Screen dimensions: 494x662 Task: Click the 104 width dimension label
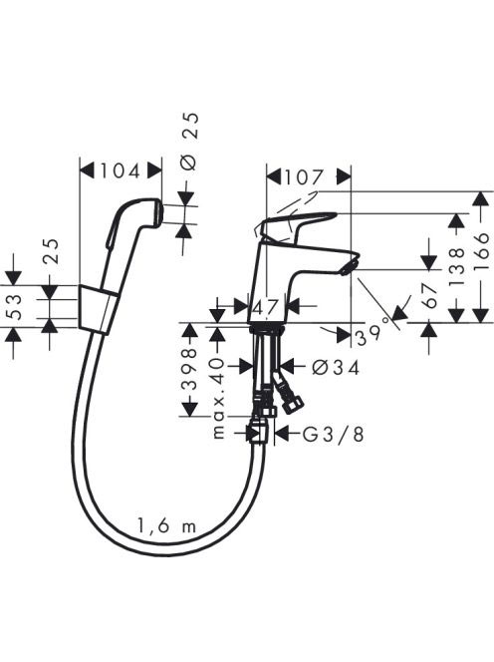point(120,171)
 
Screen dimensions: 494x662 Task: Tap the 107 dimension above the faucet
point(304,177)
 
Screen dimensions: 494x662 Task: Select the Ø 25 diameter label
point(190,142)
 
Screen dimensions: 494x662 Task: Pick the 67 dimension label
point(429,295)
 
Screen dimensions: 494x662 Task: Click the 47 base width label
point(266,306)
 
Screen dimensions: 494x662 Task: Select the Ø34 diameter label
point(337,368)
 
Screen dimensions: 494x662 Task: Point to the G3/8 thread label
point(333,435)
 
